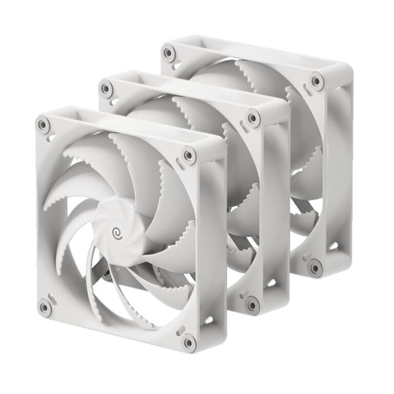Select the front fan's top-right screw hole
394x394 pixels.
pyautogui.click(x=189, y=153)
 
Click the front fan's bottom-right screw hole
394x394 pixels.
pyautogui.click(x=189, y=340)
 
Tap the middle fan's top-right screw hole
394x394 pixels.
pyautogui.click(x=252, y=117)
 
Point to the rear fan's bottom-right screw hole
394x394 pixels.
pyautogui.click(x=313, y=266)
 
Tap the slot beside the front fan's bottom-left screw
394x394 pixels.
pyautogui.click(x=51, y=297)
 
